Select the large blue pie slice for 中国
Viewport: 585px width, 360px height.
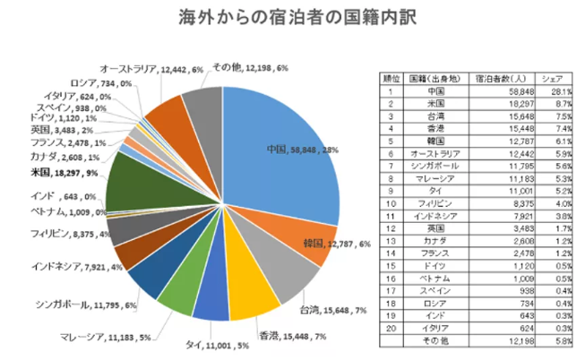[287, 152]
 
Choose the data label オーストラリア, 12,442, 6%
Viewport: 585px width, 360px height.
[151, 68]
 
